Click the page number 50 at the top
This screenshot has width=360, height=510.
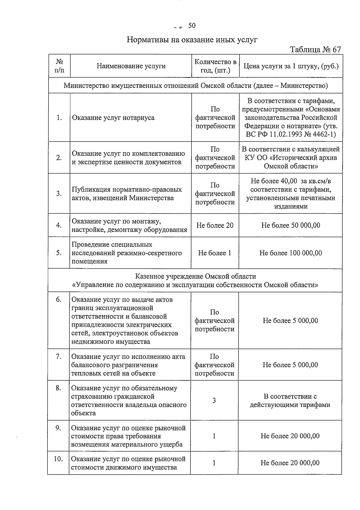[192, 26]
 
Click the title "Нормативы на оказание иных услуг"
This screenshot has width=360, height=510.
[192, 40]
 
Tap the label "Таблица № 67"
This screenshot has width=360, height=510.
[315, 49]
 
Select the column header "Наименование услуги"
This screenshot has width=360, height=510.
[131, 66]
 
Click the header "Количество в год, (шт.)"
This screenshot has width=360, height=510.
[215, 66]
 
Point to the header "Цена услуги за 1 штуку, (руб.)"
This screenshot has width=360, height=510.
[291, 66]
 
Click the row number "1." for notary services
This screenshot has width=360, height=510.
[59, 118]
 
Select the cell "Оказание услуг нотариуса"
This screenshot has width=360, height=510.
[113, 118]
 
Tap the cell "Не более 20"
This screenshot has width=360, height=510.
[215, 225]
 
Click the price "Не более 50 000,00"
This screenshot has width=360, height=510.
[290, 225]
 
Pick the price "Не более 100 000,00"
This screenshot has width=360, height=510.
[290, 253]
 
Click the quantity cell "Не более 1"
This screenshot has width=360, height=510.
[214, 253]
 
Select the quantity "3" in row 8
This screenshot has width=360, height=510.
[214, 400]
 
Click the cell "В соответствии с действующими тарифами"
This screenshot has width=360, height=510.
[290, 400]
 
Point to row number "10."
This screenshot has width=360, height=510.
[58, 459]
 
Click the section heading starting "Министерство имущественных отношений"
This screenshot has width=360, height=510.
[196, 86]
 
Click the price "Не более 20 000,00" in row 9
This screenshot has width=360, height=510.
[290, 436]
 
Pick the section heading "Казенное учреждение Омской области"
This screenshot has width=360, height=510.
[196, 276]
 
